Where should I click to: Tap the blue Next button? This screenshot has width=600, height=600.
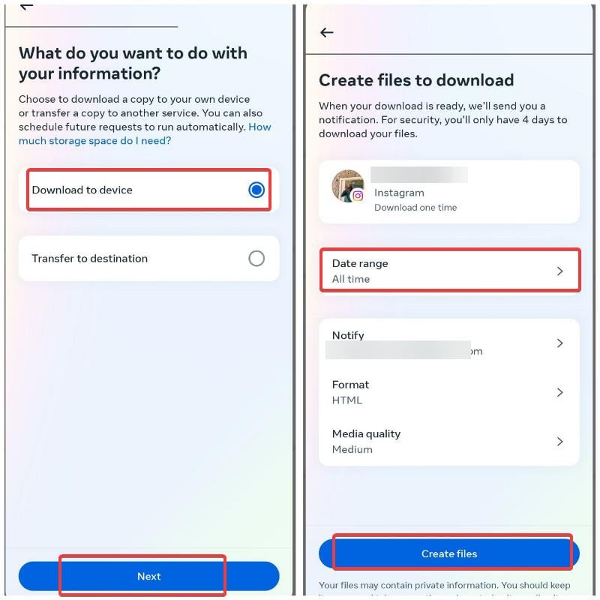point(148,576)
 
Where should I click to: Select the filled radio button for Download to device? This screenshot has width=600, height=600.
point(256,190)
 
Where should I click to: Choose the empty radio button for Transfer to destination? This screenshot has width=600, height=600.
point(256,259)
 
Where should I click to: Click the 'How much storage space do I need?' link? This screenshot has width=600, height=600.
point(95,141)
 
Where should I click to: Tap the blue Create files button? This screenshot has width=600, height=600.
point(448,553)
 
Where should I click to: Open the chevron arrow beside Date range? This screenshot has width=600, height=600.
point(559,271)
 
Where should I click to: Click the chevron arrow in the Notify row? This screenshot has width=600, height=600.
point(559,343)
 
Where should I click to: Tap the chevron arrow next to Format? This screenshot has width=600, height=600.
point(559,392)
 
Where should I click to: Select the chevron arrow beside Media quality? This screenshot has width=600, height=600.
point(559,442)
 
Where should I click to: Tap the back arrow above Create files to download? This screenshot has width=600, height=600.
point(326,32)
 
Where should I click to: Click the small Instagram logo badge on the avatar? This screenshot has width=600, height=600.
point(358,196)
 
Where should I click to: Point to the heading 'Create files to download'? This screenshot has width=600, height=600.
point(416,80)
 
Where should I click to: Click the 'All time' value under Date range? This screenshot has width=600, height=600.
point(351,279)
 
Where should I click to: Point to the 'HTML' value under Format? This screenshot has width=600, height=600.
point(347,400)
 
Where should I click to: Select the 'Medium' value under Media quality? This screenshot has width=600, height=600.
point(352,449)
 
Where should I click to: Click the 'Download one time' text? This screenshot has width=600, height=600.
point(415,208)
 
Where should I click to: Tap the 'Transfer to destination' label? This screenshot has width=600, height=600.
point(89,259)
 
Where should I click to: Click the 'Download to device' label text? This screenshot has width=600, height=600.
point(82,190)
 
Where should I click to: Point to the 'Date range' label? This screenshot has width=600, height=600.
point(360,263)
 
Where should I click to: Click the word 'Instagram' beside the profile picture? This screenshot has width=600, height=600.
point(399,193)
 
